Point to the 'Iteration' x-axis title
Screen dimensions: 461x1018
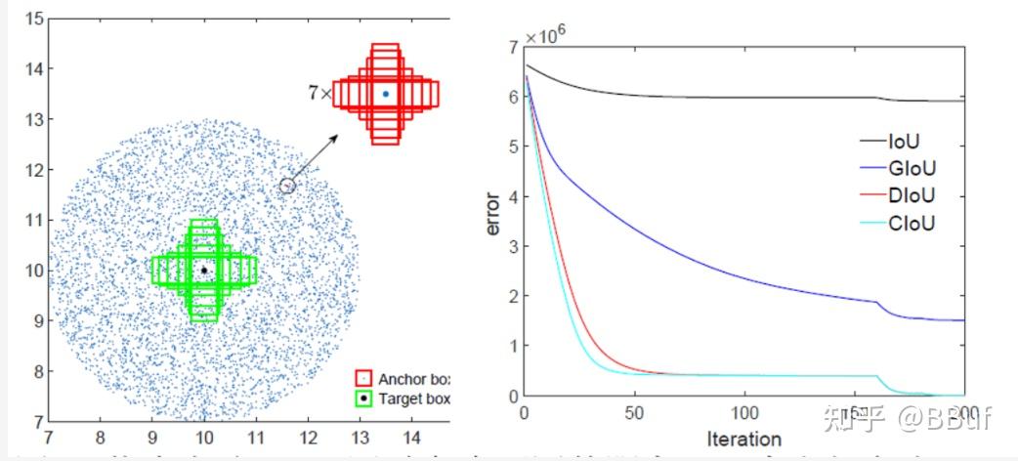(743, 439)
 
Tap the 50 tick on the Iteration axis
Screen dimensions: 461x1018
(635, 413)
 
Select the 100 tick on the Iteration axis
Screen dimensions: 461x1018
(744, 413)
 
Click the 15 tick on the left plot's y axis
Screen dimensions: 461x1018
(34, 19)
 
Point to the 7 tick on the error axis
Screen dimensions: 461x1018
(512, 47)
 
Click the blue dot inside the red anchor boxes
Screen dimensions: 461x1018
(386, 94)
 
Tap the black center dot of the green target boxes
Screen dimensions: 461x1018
(204, 270)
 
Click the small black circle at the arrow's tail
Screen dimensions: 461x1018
(287, 186)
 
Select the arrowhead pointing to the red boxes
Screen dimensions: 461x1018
(332, 139)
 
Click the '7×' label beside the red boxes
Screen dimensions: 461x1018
(319, 94)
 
